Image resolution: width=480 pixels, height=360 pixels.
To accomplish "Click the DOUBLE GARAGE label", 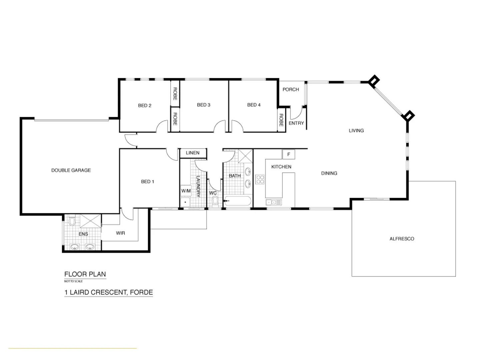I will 71,170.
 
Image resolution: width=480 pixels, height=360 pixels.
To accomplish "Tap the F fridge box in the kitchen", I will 289,154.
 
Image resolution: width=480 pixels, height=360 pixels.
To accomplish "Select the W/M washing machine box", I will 186,191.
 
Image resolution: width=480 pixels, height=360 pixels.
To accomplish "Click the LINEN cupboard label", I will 193,153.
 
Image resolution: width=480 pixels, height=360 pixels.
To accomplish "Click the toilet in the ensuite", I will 72,221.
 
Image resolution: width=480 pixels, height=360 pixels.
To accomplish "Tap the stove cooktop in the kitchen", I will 260,180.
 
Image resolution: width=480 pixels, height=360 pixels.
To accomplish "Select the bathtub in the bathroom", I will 237,201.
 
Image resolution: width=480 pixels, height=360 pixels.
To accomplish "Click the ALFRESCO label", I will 402,239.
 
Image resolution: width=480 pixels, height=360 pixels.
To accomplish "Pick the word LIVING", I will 356,131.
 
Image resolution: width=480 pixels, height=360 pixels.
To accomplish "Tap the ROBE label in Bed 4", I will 281,120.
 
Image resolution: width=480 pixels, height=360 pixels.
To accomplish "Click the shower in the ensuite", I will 90,221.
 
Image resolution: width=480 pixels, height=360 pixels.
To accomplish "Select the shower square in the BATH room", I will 245,156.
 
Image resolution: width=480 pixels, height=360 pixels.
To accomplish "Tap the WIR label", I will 120,233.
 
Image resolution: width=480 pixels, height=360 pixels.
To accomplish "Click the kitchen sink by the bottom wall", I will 274,202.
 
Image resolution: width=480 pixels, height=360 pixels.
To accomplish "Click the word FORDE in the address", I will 141,293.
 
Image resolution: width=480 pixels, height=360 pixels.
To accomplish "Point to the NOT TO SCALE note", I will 73,281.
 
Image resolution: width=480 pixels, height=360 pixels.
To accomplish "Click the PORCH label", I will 291,90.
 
